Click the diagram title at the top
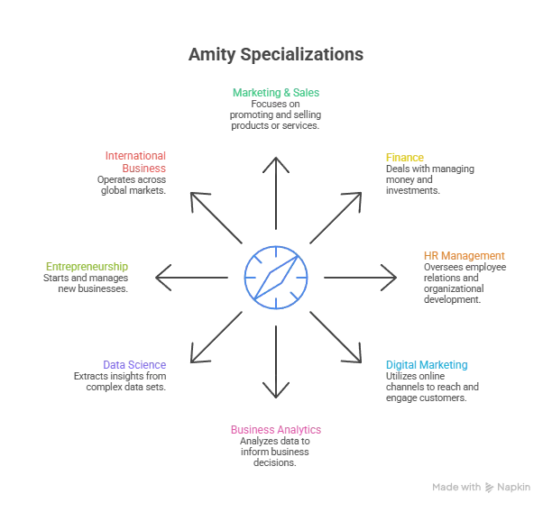[277, 55]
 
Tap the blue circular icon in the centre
[277, 275]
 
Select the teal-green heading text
[277, 94]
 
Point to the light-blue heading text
[427, 365]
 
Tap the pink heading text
[277, 431]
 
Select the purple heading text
[134, 365]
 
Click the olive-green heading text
[87, 267]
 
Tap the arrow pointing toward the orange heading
[357, 275]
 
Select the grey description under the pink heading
[277, 453]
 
